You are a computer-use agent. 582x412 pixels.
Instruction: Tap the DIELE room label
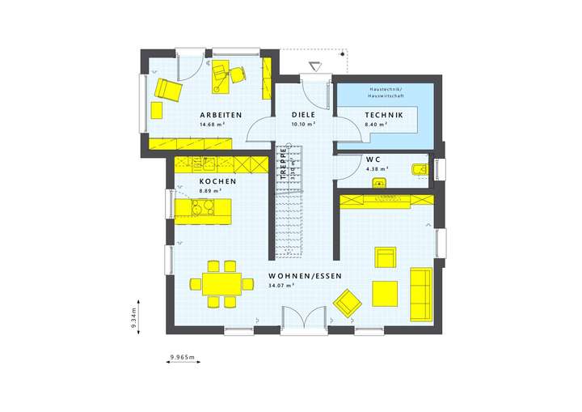click(303, 115)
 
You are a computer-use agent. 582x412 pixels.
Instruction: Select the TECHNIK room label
click(383, 115)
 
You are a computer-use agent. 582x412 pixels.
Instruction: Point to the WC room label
click(373, 159)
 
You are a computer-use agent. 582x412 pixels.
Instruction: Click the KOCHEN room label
click(217, 181)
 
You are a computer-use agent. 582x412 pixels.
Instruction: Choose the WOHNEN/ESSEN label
click(305, 275)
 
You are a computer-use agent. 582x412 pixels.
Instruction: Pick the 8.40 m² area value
click(376, 125)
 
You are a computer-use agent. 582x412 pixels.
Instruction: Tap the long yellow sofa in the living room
click(421, 291)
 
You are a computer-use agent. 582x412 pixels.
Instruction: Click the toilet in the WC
click(418, 170)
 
